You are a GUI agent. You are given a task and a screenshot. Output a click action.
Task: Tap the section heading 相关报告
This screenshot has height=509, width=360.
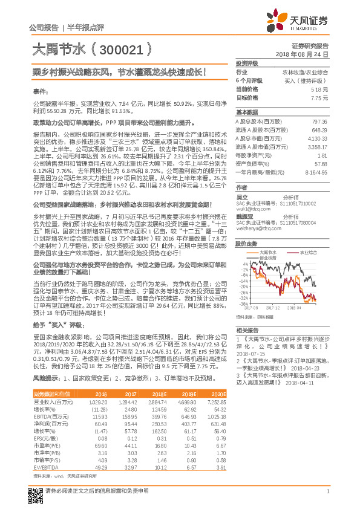(247, 331)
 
